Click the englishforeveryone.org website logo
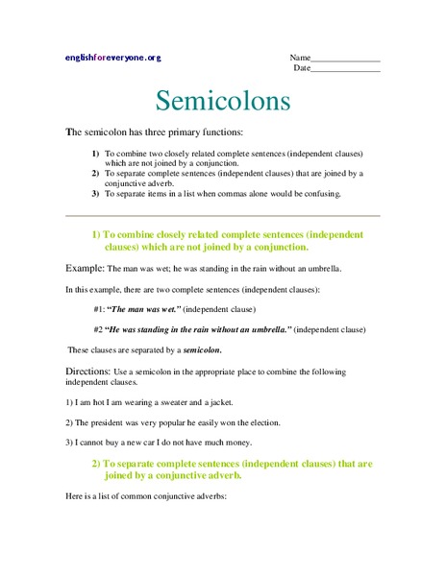tap(112, 58)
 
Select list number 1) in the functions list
tap(95, 153)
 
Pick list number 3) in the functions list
tap(95, 194)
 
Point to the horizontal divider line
tap(223, 215)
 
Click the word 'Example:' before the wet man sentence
tap(84, 268)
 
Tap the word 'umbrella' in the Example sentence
tap(319, 269)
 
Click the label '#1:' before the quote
tap(99, 309)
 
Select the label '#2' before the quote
tap(98, 329)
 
